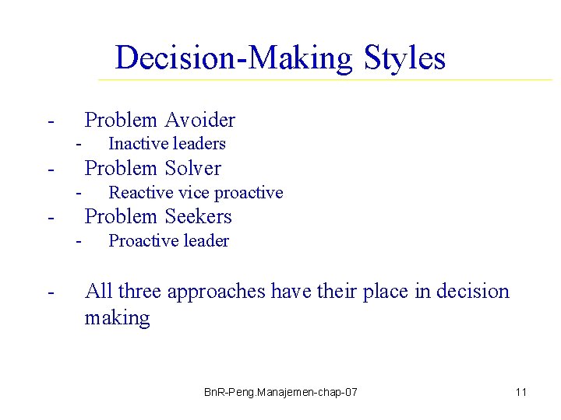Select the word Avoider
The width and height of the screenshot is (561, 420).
coord(199,120)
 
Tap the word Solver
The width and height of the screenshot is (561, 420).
coord(192,168)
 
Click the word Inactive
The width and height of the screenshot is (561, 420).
coord(134,143)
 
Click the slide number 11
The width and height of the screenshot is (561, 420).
coord(521,392)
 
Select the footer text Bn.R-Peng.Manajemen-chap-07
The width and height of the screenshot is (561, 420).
coord(280,392)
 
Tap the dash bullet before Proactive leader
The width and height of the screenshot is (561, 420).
coord(79,240)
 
